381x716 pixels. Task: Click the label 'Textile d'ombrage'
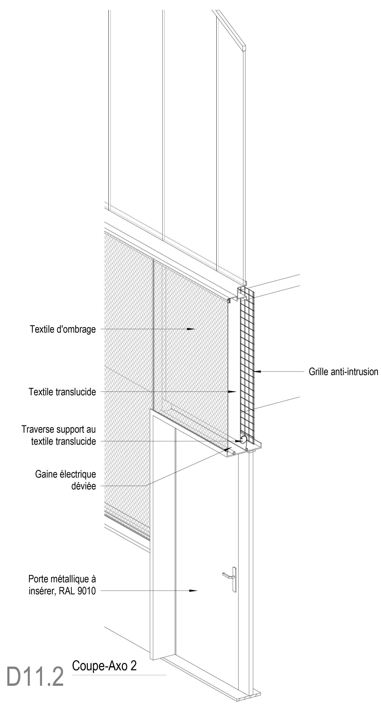pyautogui.click(x=63, y=329)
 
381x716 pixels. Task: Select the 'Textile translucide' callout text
pyautogui.click(x=62, y=392)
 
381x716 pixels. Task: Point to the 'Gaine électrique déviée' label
pyautogui.click(x=66, y=480)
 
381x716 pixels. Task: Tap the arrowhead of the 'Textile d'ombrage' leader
pyautogui.click(x=191, y=329)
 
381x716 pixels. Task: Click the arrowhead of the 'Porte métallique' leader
pyautogui.click(x=194, y=590)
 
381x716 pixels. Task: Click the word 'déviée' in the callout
pyautogui.click(x=83, y=486)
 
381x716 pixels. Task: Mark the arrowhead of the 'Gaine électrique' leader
pyautogui.click(x=228, y=448)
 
